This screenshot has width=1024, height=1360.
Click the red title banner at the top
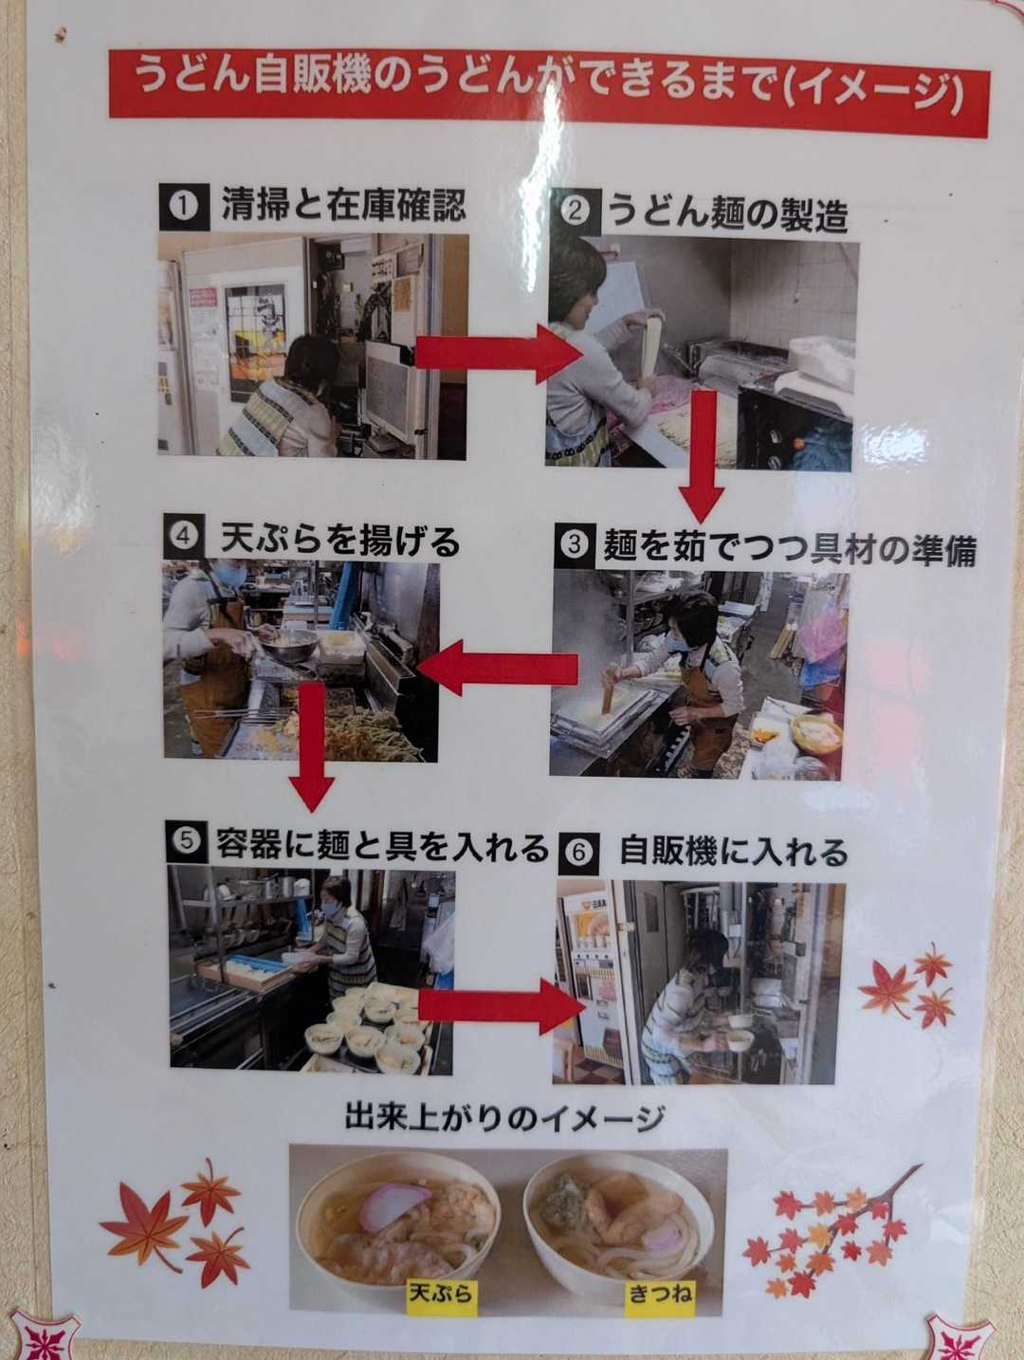[548, 93]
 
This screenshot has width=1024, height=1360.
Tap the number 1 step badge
[184, 207]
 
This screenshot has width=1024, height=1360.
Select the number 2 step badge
[575, 211]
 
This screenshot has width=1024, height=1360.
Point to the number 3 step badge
[575, 545]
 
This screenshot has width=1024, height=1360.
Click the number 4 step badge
[185, 536]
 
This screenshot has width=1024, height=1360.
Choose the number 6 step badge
[579, 852]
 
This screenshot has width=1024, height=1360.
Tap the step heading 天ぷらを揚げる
[340, 540]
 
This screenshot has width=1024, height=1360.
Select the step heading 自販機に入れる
[734, 852]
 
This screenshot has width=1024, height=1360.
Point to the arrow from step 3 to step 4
[498, 668]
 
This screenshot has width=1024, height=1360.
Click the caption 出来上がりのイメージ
[504, 1118]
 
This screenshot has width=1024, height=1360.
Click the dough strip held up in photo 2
[651, 346]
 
